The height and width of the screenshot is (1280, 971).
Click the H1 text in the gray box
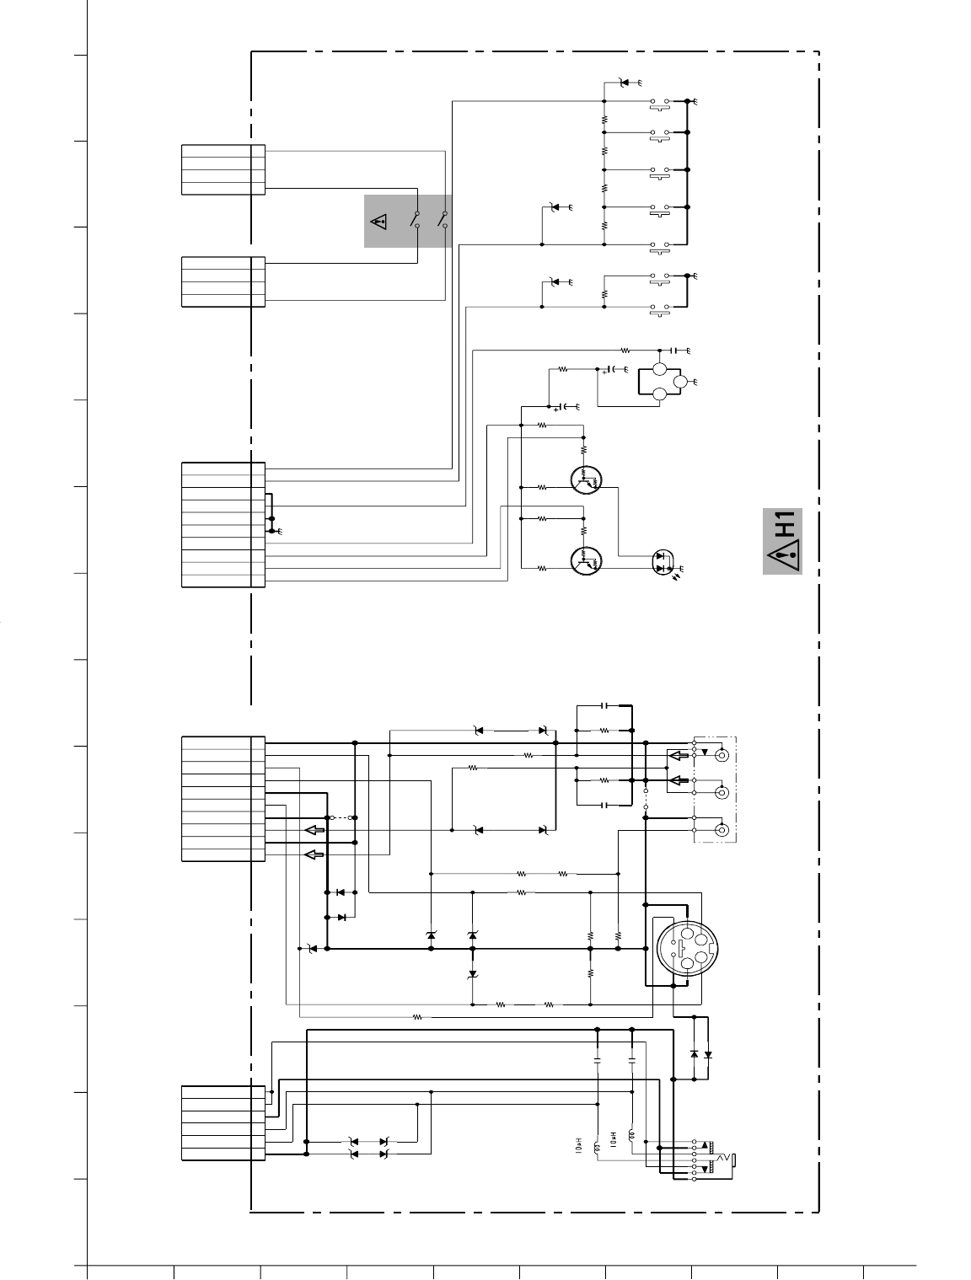[x=786, y=523]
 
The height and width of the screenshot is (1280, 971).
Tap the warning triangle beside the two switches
[x=379, y=222]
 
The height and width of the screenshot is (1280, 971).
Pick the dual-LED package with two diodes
[x=662, y=562]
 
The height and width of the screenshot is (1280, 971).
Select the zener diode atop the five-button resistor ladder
[x=624, y=83]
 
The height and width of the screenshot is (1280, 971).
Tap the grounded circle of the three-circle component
[x=680, y=382]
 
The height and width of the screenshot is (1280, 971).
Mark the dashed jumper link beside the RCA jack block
[x=646, y=800]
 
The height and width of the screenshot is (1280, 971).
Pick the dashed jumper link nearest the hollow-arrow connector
[x=342, y=817]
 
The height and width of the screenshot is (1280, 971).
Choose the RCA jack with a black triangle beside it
[x=722, y=756]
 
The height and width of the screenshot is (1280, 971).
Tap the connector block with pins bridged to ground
[x=223, y=525]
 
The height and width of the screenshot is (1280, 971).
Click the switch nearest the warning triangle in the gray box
[x=416, y=220]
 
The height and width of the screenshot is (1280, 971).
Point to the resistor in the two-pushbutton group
[x=604, y=294]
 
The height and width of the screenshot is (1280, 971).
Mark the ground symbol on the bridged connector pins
[x=279, y=531]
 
